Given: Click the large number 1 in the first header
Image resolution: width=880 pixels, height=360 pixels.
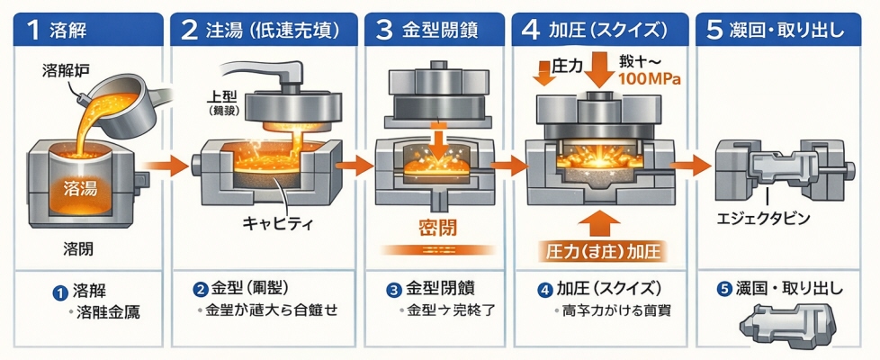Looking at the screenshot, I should coord(32,30).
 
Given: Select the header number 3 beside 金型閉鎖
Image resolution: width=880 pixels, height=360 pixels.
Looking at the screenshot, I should coord(384,30).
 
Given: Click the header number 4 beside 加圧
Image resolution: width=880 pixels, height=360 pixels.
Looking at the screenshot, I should coord(531,30).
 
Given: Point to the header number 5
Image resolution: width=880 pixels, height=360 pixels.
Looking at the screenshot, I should coord(714,30).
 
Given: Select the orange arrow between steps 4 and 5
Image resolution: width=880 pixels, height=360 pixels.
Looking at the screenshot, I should coord(690,165).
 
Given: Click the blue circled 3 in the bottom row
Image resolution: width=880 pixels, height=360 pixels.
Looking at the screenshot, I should coord(392,290).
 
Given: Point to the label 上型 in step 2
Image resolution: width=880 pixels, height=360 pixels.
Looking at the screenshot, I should coord(222,94).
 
